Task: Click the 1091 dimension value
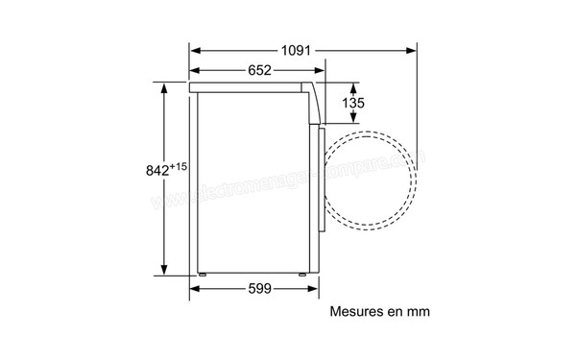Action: pyautogui.click(x=303, y=50)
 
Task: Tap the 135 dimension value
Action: pyautogui.click(x=353, y=103)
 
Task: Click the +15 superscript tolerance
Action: pyautogui.click(x=177, y=166)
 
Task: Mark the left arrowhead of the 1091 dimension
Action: pyautogui.click(x=192, y=50)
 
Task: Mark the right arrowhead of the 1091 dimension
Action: pyautogui.click(x=414, y=50)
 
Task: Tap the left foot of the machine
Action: pyautogui.click(x=203, y=278)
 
